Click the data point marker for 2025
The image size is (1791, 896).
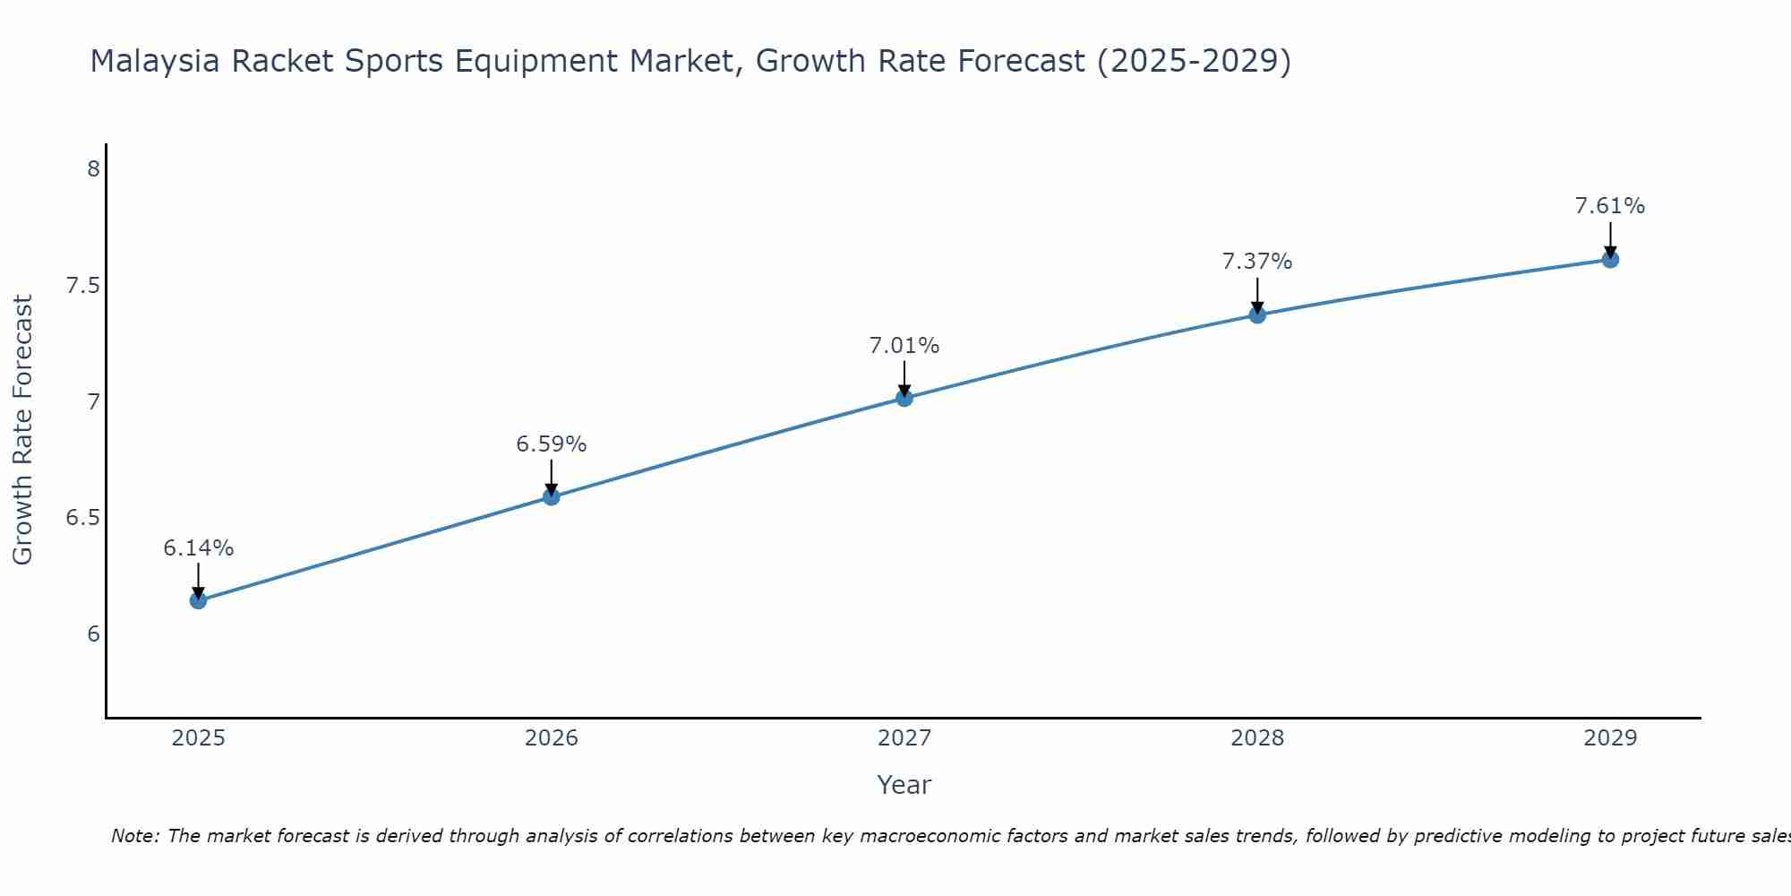coord(199,600)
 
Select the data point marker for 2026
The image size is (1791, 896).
coord(552,496)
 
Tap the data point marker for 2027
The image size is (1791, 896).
coord(904,398)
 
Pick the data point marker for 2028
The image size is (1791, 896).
coord(1257,314)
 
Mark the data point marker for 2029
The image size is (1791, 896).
coord(1610,260)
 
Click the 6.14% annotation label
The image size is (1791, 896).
coord(199,547)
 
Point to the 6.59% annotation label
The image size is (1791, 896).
coord(552,444)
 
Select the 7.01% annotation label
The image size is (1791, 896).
coord(904,345)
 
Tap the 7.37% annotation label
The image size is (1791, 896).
coord(1257,262)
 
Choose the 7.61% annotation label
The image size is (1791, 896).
coord(1610,206)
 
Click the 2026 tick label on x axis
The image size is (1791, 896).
coord(552,738)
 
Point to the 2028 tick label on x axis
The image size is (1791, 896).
coord(1257,738)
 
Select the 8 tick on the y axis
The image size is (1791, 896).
coord(93,168)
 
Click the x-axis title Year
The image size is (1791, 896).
coord(904,785)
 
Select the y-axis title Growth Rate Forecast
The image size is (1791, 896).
coord(22,430)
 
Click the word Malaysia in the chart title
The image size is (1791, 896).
coord(155,61)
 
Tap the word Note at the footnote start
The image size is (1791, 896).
coord(134,836)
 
